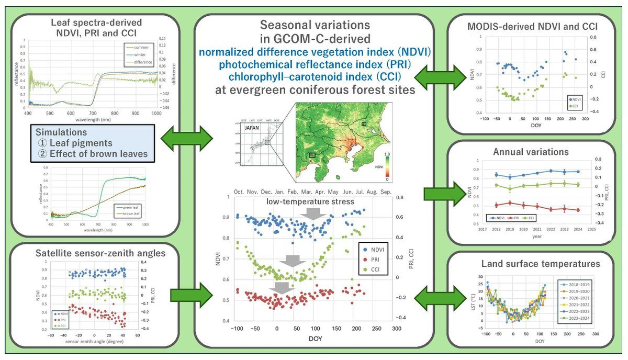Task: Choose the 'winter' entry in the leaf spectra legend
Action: tap(139, 54)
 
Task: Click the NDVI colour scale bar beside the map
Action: tap(387, 166)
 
